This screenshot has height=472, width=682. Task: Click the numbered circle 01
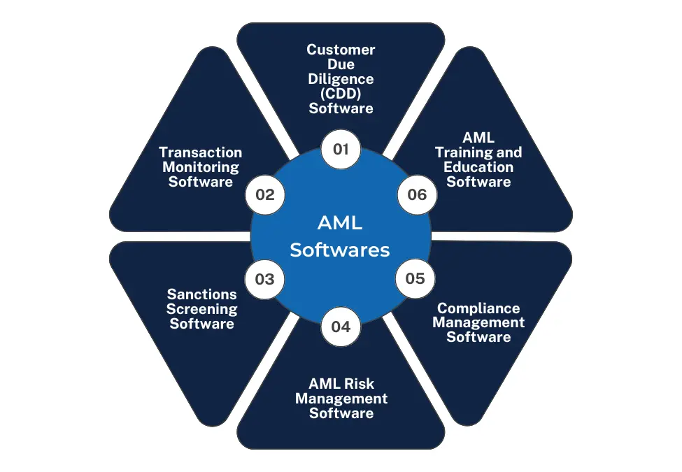(341, 150)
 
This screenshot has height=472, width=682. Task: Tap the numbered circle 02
(265, 195)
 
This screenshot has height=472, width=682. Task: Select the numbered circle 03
(265, 280)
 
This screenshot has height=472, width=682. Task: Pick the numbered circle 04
(341, 326)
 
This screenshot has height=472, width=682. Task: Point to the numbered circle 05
(415, 278)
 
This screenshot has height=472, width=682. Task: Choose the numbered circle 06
(417, 194)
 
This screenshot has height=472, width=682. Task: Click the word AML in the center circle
(341, 223)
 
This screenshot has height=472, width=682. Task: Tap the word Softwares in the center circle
(341, 250)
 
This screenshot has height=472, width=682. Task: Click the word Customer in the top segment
(341, 50)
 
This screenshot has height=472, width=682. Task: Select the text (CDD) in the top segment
(341, 94)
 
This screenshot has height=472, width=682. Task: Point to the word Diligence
(341, 79)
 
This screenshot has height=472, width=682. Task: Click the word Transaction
(201, 152)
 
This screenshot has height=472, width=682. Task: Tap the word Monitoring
(201, 167)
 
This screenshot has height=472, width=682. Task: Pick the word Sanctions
(201, 294)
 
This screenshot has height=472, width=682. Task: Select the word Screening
(201, 309)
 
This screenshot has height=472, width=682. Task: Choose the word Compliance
(478, 308)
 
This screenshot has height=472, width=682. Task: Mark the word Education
(478, 167)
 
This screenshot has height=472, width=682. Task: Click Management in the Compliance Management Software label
(478, 322)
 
